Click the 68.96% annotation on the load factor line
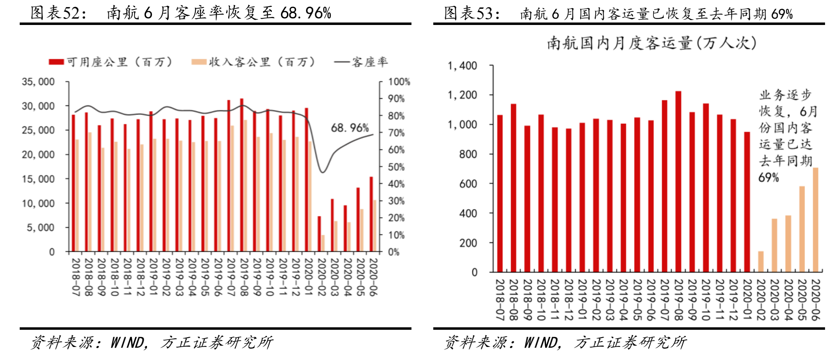coord(350,128)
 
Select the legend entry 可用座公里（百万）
coord(111,62)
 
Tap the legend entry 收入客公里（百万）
coord(253,62)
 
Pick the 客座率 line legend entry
coord(361,62)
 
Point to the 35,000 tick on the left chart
coord(38,82)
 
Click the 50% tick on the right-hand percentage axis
coord(396,167)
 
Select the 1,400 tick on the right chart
coord(462,66)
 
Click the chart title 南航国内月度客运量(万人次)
coord(652,44)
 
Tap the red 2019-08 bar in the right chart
coord(678,181)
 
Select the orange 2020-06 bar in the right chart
coord(816,220)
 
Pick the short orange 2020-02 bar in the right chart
coord(761,262)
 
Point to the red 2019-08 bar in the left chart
coord(242,175)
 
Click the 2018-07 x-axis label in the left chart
coord(75,277)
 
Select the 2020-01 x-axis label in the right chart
coord(747,300)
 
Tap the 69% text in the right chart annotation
coord(768,177)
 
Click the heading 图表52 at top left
coord(58,13)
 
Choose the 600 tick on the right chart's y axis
coord(468,184)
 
